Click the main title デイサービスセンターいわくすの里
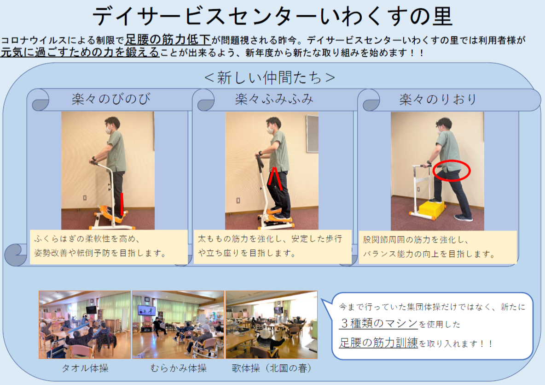pos(272,16)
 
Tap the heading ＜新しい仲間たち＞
pos(270,77)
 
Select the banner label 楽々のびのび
pos(111,99)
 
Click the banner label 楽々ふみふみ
pos(274,99)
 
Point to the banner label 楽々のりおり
pos(438,100)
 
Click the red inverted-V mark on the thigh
pos(275,178)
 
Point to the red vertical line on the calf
pos(122,204)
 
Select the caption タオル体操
pos(85,368)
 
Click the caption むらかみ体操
pos(178,368)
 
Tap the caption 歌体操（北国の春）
pos(272,368)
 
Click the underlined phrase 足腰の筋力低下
pos(168,40)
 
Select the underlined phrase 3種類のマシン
pos(378,323)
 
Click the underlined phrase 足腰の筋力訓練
pos(378,343)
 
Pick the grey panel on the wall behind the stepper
pos(313,134)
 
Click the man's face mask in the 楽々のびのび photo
pos(108,130)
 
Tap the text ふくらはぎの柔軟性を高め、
pos(87,239)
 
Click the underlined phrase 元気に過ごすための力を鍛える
pos(80,52)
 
